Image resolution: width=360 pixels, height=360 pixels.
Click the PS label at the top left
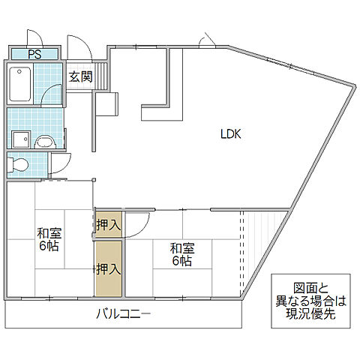coord(34,53)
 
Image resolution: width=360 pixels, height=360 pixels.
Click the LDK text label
coord(230,135)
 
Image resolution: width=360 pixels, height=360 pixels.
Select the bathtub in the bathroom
coord(22,84)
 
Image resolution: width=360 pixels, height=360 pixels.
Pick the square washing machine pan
coord(19,139)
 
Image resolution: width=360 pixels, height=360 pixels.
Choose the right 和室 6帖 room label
coord(180,254)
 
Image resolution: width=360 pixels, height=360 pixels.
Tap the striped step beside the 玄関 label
coord(103,77)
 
